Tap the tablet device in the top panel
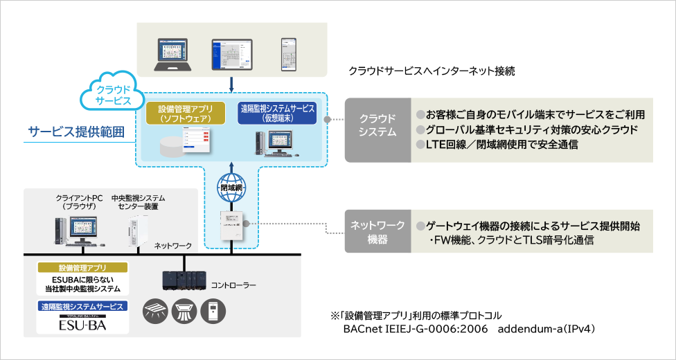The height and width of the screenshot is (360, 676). click(x=231, y=54)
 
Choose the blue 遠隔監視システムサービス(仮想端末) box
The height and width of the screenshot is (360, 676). click(x=277, y=114)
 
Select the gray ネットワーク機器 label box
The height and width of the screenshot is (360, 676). click(x=377, y=232)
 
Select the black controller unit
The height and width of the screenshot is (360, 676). click(x=183, y=279)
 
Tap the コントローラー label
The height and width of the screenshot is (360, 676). click(x=233, y=285)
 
